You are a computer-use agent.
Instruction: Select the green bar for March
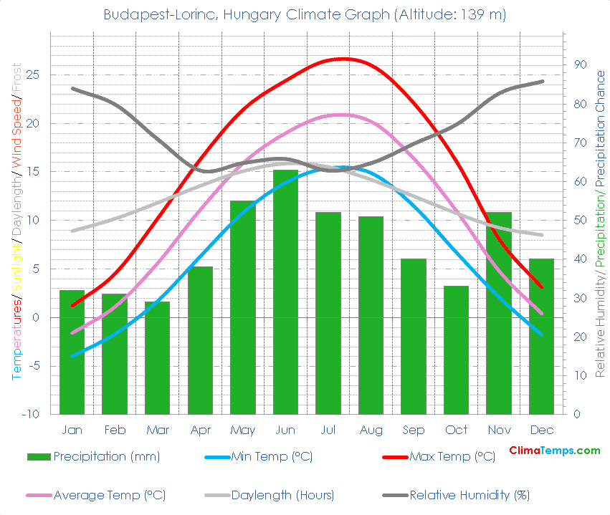click(x=157, y=358)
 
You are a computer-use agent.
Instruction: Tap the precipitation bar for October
click(x=456, y=350)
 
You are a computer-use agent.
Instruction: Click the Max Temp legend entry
click(x=452, y=457)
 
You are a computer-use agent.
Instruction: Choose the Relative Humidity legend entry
click(x=470, y=495)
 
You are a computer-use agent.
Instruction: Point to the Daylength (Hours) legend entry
click(x=283, y=495)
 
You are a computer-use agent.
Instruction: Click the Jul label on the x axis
click(x=328, y=430)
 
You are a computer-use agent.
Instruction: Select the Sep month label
click(x=413, y=430)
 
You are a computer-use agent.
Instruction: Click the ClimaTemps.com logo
click(x=554, y=451)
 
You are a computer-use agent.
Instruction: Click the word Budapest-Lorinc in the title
click(x=151, y=15)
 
